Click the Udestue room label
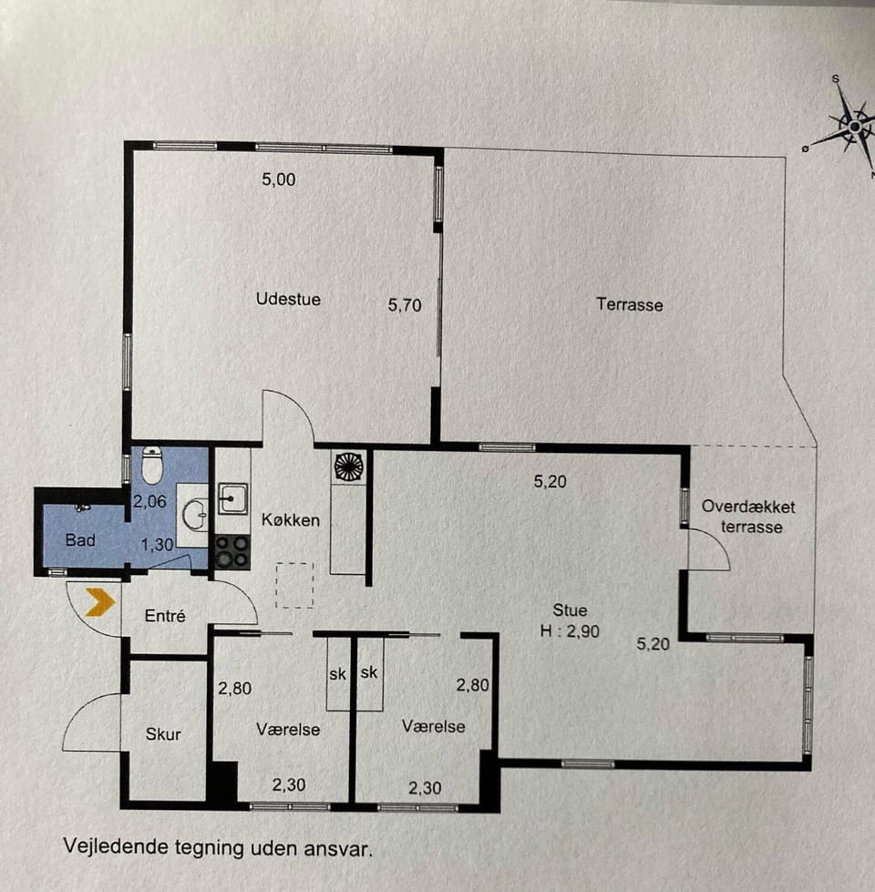[288, 299]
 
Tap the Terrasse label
[630, 305]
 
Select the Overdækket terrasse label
[748, 517]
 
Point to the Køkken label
[291, 519]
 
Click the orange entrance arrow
[100, 602]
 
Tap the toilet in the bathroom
[152, 464]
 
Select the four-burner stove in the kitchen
[232, 552]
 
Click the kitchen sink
[232, 499]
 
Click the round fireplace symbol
[349, 467]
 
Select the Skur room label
[163, 733]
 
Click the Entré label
[165, 616]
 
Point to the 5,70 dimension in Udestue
[405, 305]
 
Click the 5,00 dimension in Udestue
[279, 179]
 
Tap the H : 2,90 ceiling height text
[570, 631]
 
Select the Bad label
[80, 540]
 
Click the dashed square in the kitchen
[294, 585]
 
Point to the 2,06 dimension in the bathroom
[149, 501]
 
